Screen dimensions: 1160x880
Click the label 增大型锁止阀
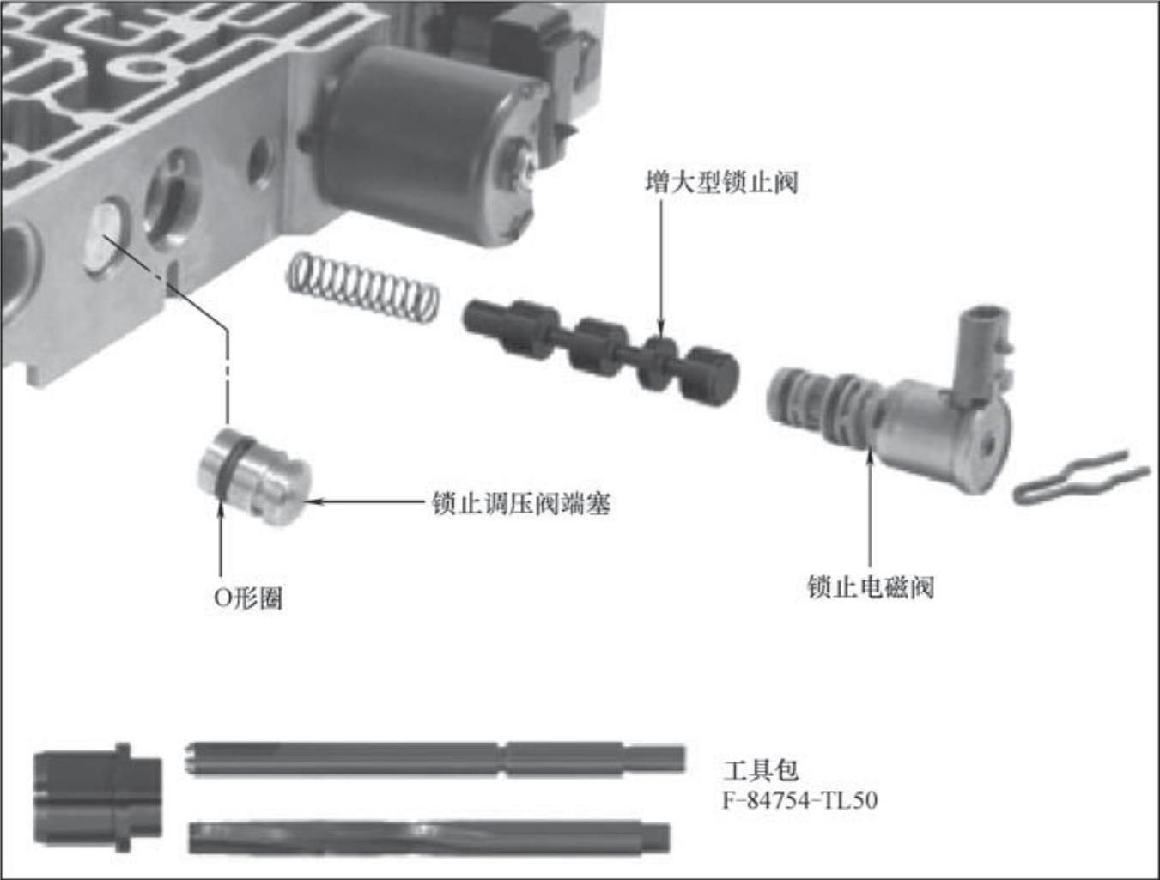(x=721, y=182)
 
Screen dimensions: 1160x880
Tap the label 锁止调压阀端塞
(x=521, y=503)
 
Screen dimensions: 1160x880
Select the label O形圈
(x=248, y=598)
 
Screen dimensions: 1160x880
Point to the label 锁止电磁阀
(x=871, y=587)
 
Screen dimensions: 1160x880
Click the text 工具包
(x=760, y=771)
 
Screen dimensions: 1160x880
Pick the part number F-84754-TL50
(x=800, y=800)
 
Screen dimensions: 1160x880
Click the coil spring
(x=362, y=288)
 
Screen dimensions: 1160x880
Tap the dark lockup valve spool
(x=600, y=347)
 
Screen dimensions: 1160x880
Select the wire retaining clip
(x=1081, y=478)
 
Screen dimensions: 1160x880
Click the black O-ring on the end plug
(x=232, y=470)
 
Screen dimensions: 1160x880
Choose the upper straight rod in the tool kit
(x=435, y=759)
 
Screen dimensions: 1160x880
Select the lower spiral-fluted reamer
(x=429, y=837)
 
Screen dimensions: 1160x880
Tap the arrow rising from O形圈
(x=220, y=536)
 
